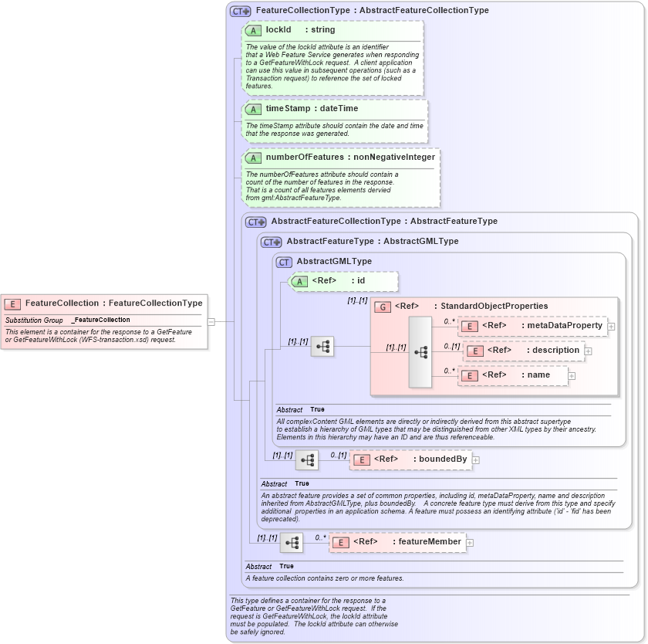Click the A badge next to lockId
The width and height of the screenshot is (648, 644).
(253, 30)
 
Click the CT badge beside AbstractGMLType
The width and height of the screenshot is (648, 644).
(284, 262)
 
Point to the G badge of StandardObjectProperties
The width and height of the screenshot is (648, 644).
(382, 307)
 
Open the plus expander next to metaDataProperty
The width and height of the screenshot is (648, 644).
(611, 327)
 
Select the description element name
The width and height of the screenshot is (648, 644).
(553, 351)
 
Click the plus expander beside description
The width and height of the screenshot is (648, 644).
(588, 351)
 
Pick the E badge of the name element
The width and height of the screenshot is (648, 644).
(470, 375)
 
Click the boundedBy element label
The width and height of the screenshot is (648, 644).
(442, 459)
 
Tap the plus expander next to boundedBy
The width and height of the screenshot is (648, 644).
(475, 460)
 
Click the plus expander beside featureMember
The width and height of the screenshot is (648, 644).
(470, 543)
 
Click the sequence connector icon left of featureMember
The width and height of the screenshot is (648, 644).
(292, 543)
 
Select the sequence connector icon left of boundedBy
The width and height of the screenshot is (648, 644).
(307, 460)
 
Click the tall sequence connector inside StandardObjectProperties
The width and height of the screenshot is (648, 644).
(420, 351)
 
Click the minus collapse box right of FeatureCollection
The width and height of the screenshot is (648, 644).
(211, 322)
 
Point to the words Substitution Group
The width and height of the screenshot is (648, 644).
(34, 320)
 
